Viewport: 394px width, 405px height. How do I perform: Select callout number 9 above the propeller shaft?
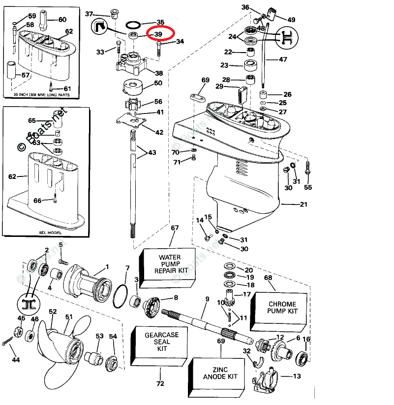(x=207, y=299)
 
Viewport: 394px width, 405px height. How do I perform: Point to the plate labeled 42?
(x=134, y=120)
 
